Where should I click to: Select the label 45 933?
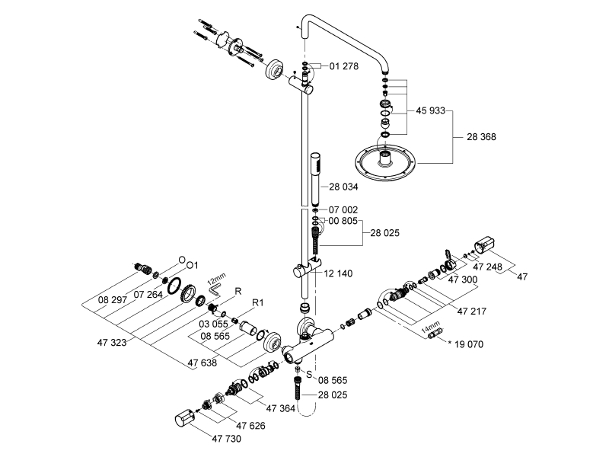pos(431,111)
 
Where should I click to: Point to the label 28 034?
pos(343,187)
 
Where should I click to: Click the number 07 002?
pos(343,209)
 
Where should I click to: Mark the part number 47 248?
pos(489,267)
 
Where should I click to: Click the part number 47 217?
pos(471,311)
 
